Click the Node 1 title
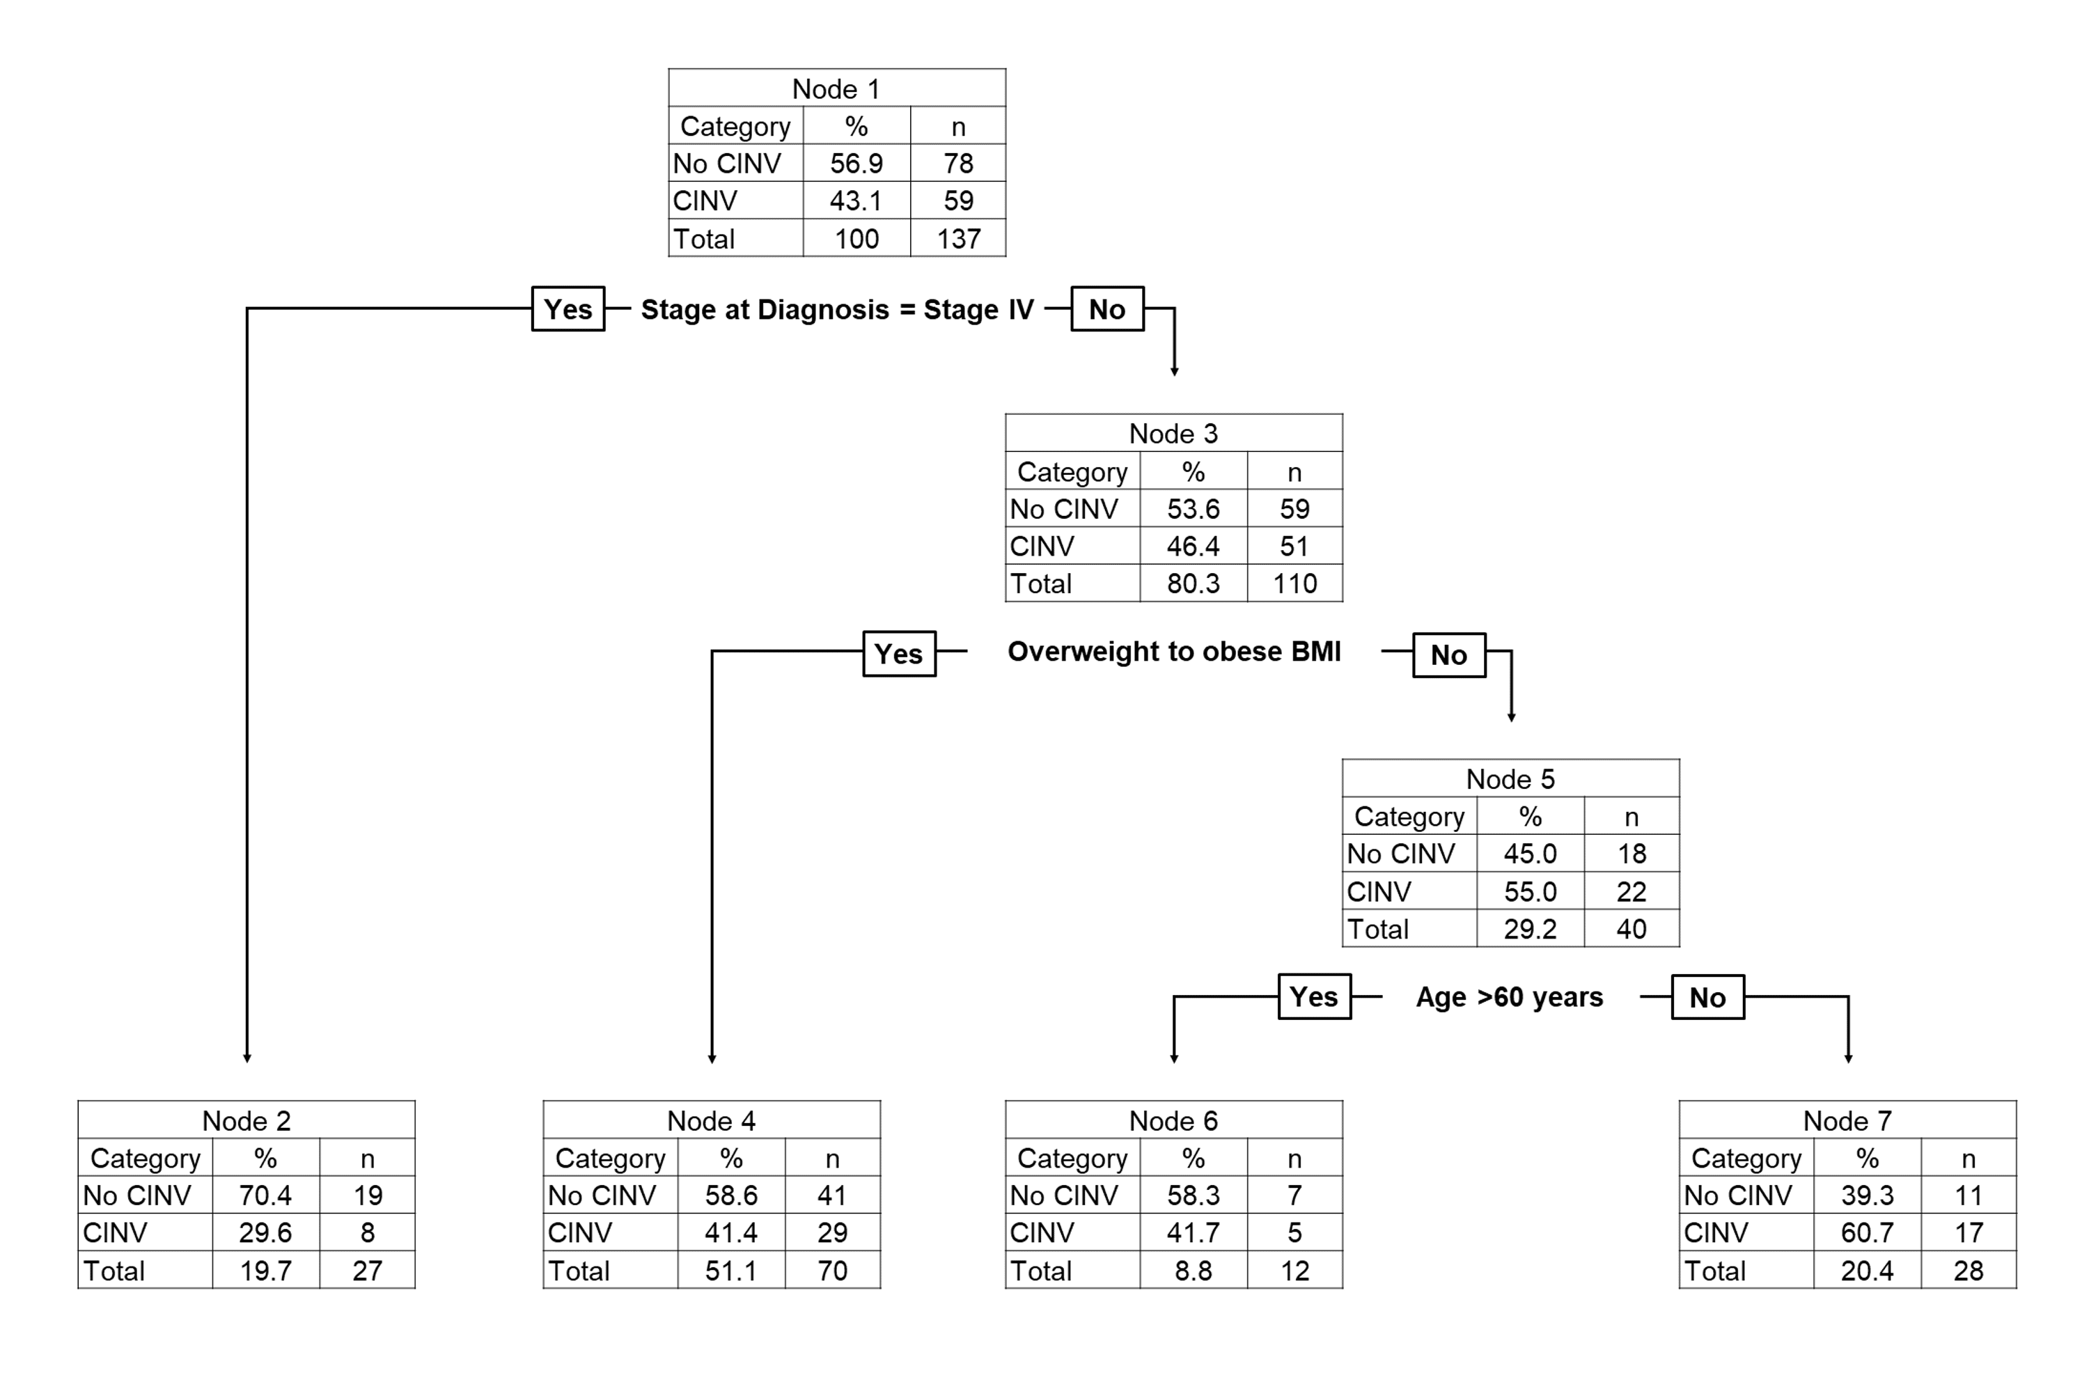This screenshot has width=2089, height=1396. (836, 89)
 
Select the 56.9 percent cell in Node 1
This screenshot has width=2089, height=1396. (856, 164)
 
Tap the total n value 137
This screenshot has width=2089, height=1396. (958, 239)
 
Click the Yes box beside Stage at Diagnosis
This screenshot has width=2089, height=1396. (568, 309)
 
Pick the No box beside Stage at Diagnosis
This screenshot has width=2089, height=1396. (1107, 309)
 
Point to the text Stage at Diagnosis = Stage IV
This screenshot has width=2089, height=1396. (837, 309)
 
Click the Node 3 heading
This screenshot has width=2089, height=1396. (1173, 434)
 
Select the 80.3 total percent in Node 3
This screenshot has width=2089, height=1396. (1194, 584)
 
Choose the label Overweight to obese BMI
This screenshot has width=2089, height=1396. (1173, 652)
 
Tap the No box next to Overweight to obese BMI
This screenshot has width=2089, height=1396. (1449, 655)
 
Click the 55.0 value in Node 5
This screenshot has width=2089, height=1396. (1530, 891)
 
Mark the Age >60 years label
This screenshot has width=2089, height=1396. (1510, 997)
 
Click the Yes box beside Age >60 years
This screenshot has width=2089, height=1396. (1313, 997)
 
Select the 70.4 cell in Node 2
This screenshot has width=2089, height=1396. (265, 1195)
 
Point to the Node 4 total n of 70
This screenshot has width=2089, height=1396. (831, 1271)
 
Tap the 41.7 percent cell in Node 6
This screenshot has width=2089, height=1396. (1194, 1233)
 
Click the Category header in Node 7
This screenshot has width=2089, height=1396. (1745, 1159)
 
